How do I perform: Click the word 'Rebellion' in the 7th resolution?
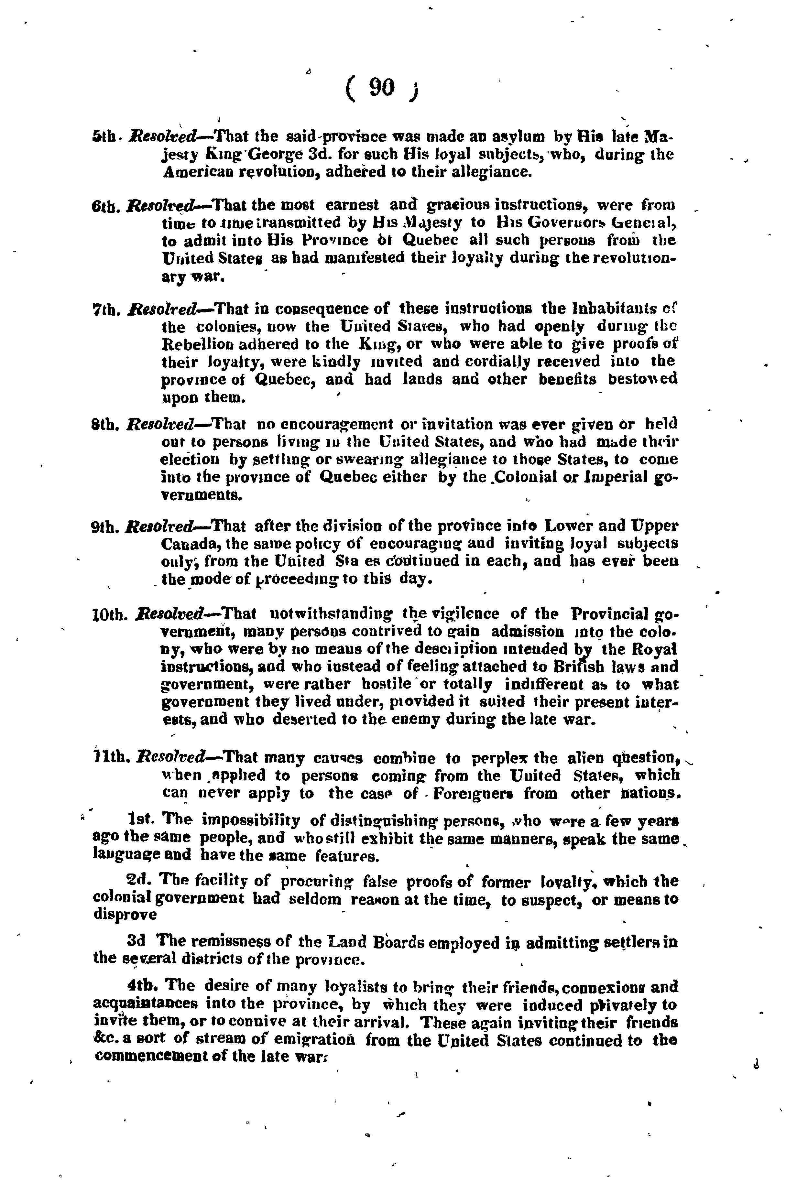tap(200, 344)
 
